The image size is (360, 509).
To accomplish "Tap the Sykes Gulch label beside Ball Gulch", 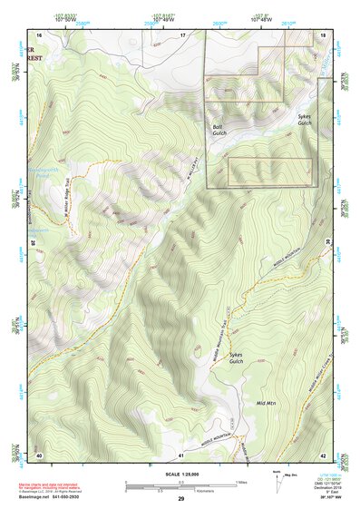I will [305, 120].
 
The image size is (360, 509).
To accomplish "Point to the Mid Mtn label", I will [267, 402].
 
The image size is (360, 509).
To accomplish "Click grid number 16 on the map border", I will [40, 34].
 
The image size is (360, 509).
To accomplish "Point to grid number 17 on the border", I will [181, 34].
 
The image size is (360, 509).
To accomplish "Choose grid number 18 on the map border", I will [323, 34].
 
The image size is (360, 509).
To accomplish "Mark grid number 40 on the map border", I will [40, 453].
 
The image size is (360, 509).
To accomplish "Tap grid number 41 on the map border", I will [181, 453].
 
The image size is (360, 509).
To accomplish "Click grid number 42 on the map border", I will [323, 453].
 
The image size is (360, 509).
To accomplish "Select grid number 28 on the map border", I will [33, 243].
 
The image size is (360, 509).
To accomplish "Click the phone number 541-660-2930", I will [81, 498].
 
